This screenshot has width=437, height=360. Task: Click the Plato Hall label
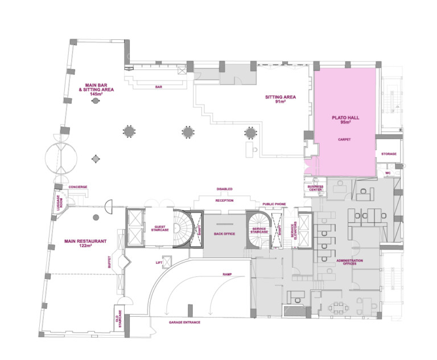click(345, 118)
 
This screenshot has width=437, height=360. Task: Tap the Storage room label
click(389, 154)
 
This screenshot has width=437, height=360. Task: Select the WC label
click(388, 173)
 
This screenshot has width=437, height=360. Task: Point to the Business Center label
click(315, 188)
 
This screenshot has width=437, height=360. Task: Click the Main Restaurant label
click(85, 241)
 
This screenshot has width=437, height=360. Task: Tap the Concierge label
click(78, 187)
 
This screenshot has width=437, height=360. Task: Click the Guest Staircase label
click(160, 228)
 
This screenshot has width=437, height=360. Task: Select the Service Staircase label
click(259, 230)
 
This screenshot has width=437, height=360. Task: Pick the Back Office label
click(224, 234)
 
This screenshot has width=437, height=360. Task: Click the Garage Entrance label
click(184, 322)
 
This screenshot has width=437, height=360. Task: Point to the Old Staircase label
click(119, 318)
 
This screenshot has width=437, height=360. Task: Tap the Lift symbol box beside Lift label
click(167, 262)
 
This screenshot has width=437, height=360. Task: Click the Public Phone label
click(274, 204)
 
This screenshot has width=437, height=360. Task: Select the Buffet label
click(109, 262)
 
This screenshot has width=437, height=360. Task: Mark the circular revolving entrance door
click(61, 159)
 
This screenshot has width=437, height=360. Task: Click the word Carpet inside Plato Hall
click(344, 140)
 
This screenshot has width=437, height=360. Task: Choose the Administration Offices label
click(350, 262)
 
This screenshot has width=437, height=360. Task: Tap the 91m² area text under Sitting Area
click(281, 102)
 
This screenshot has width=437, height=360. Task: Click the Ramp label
click(227, 275)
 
